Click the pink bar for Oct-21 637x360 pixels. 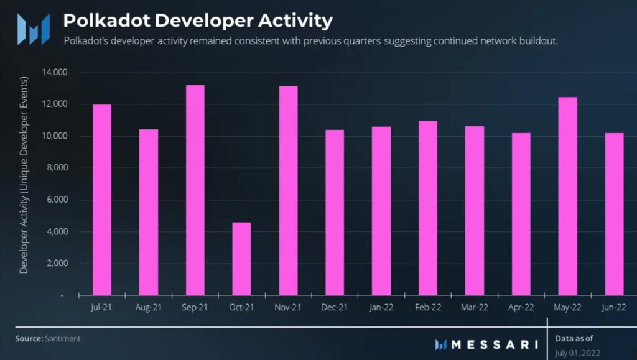click(241, 259)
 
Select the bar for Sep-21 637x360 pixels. click(195, 190)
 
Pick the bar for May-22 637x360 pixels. click(567, 196)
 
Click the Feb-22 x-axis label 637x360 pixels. click(427, 307)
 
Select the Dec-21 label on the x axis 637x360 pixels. click(335, 307)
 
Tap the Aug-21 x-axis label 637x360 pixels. click(149, 307)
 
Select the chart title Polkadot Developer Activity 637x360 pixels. click(198, 21)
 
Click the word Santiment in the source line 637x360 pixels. click(62, 339)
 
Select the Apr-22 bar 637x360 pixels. click(521, 214)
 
